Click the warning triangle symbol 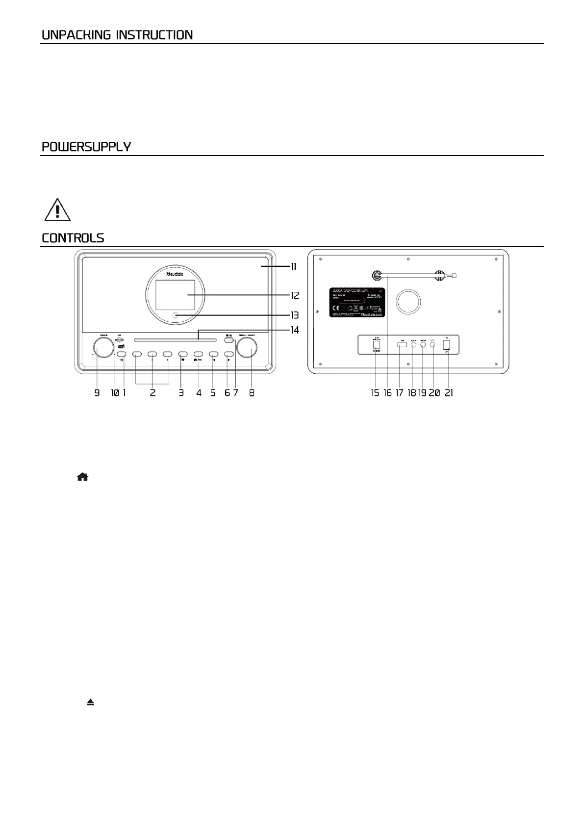tap(57, 209)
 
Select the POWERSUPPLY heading tap(86, 147)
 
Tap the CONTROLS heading tap(73, 238)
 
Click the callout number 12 tap(295, 296)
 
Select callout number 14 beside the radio tap(295, 330)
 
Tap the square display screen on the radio tap(175, 296)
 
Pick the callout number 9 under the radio tap(97, 393)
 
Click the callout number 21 tap(449, 393)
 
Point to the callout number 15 tap(375, 393)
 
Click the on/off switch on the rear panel tap(446, 345)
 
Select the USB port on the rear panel tap(402, 345)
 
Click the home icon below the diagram tap(82, 477)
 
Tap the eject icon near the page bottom tap(90, 702)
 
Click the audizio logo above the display tap(175, 274)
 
